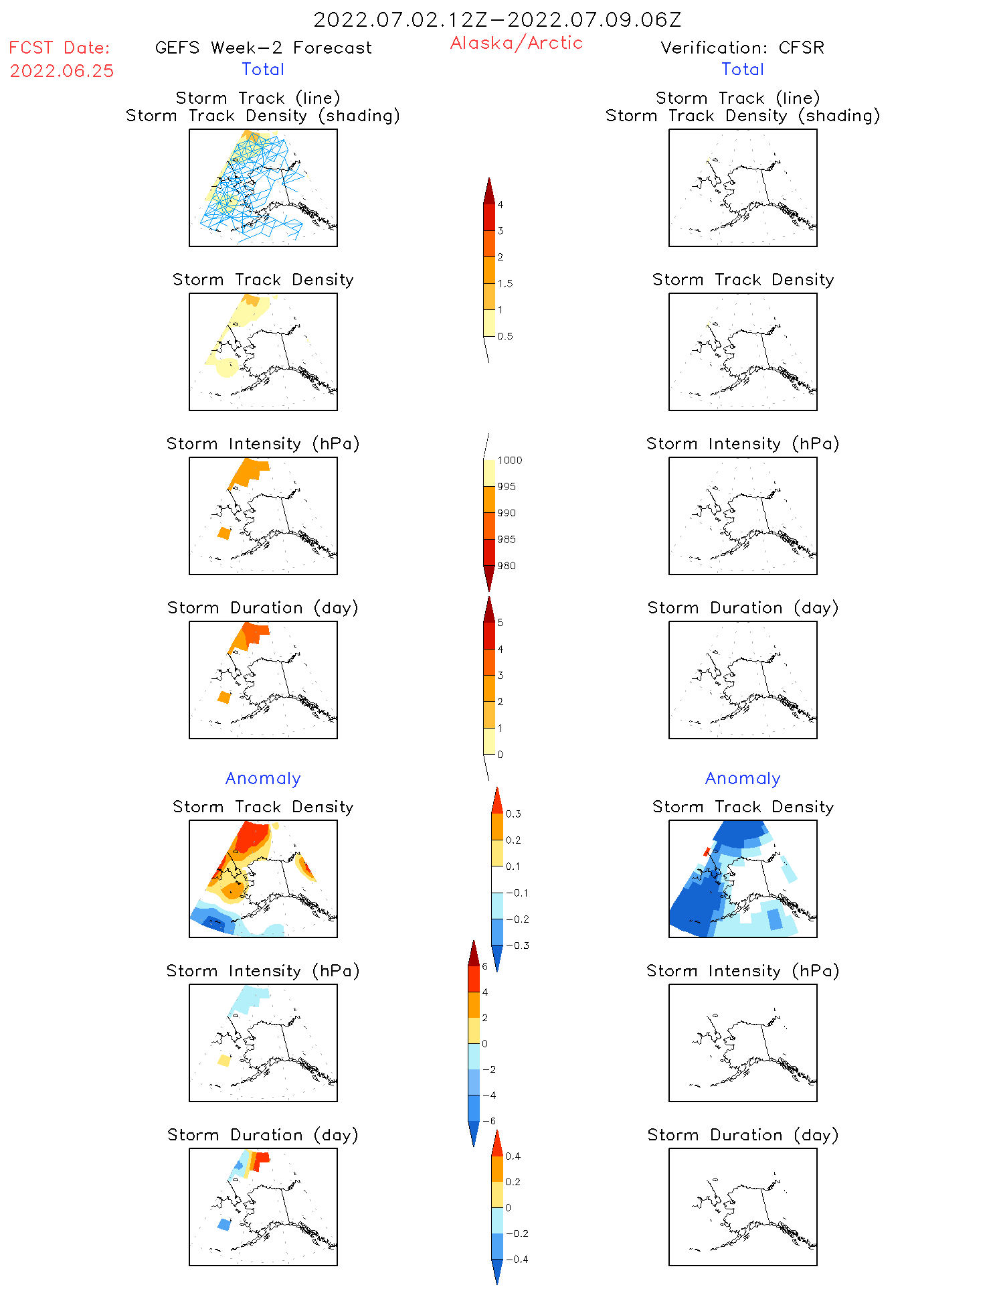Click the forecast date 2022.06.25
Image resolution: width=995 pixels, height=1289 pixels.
(x=62, y=71)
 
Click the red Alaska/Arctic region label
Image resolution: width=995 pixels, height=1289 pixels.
(x=516, y=43)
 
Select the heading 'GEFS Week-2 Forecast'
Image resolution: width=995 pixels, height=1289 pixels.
(x=263, y=48)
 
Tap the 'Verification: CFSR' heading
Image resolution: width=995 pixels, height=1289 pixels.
(x=742, y=48)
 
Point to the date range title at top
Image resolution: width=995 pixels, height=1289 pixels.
(x=497, y=19)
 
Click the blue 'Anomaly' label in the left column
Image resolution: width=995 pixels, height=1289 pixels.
(x=263, y=778)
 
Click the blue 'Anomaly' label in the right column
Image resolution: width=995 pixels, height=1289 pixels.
(x=743, y=778)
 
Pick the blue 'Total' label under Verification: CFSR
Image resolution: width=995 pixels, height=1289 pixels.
(x=742, y=69)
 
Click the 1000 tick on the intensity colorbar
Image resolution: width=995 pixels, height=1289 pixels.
(x=509, y=460)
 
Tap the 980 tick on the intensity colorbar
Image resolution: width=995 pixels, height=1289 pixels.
(x=507, y=566)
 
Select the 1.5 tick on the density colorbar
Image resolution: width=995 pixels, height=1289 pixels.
(x=505, y=283)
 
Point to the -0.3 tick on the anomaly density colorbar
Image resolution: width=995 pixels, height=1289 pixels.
(x=517, y=945)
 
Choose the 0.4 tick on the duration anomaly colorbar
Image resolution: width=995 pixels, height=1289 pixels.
(x=513, y=1156)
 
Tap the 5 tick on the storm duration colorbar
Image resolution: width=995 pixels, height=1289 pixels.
(x=500, y=623)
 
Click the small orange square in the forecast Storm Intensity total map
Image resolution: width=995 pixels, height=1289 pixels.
(x=224, y=533)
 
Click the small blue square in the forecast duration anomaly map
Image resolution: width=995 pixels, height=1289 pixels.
(x=224, y=1225)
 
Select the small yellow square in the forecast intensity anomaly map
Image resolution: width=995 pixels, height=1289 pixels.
(x=224, y=1061)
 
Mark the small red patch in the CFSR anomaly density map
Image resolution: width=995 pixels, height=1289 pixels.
(x=706, y=852)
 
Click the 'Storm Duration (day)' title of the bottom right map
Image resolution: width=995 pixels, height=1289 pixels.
(x=743, y=1135)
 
